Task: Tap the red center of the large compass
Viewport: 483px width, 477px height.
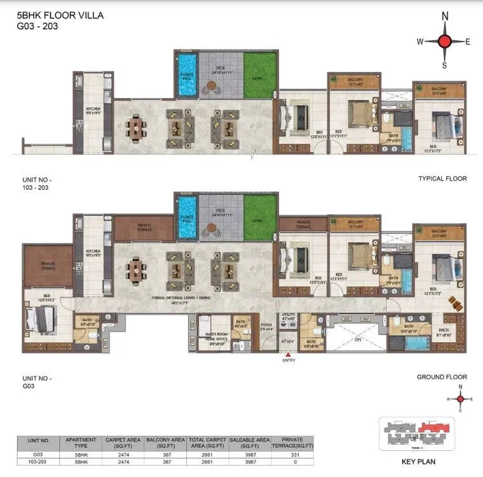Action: (444, 42)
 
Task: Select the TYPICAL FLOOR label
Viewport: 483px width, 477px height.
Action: (442, 179)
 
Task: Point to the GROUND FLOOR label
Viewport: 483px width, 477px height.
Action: (442, 377)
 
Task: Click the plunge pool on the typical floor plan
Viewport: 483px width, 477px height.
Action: (186, 74)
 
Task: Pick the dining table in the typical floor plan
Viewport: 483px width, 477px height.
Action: (135, 128)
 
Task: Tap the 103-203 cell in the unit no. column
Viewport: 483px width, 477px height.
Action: (38, 462)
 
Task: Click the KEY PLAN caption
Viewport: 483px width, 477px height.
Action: (417, 462)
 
